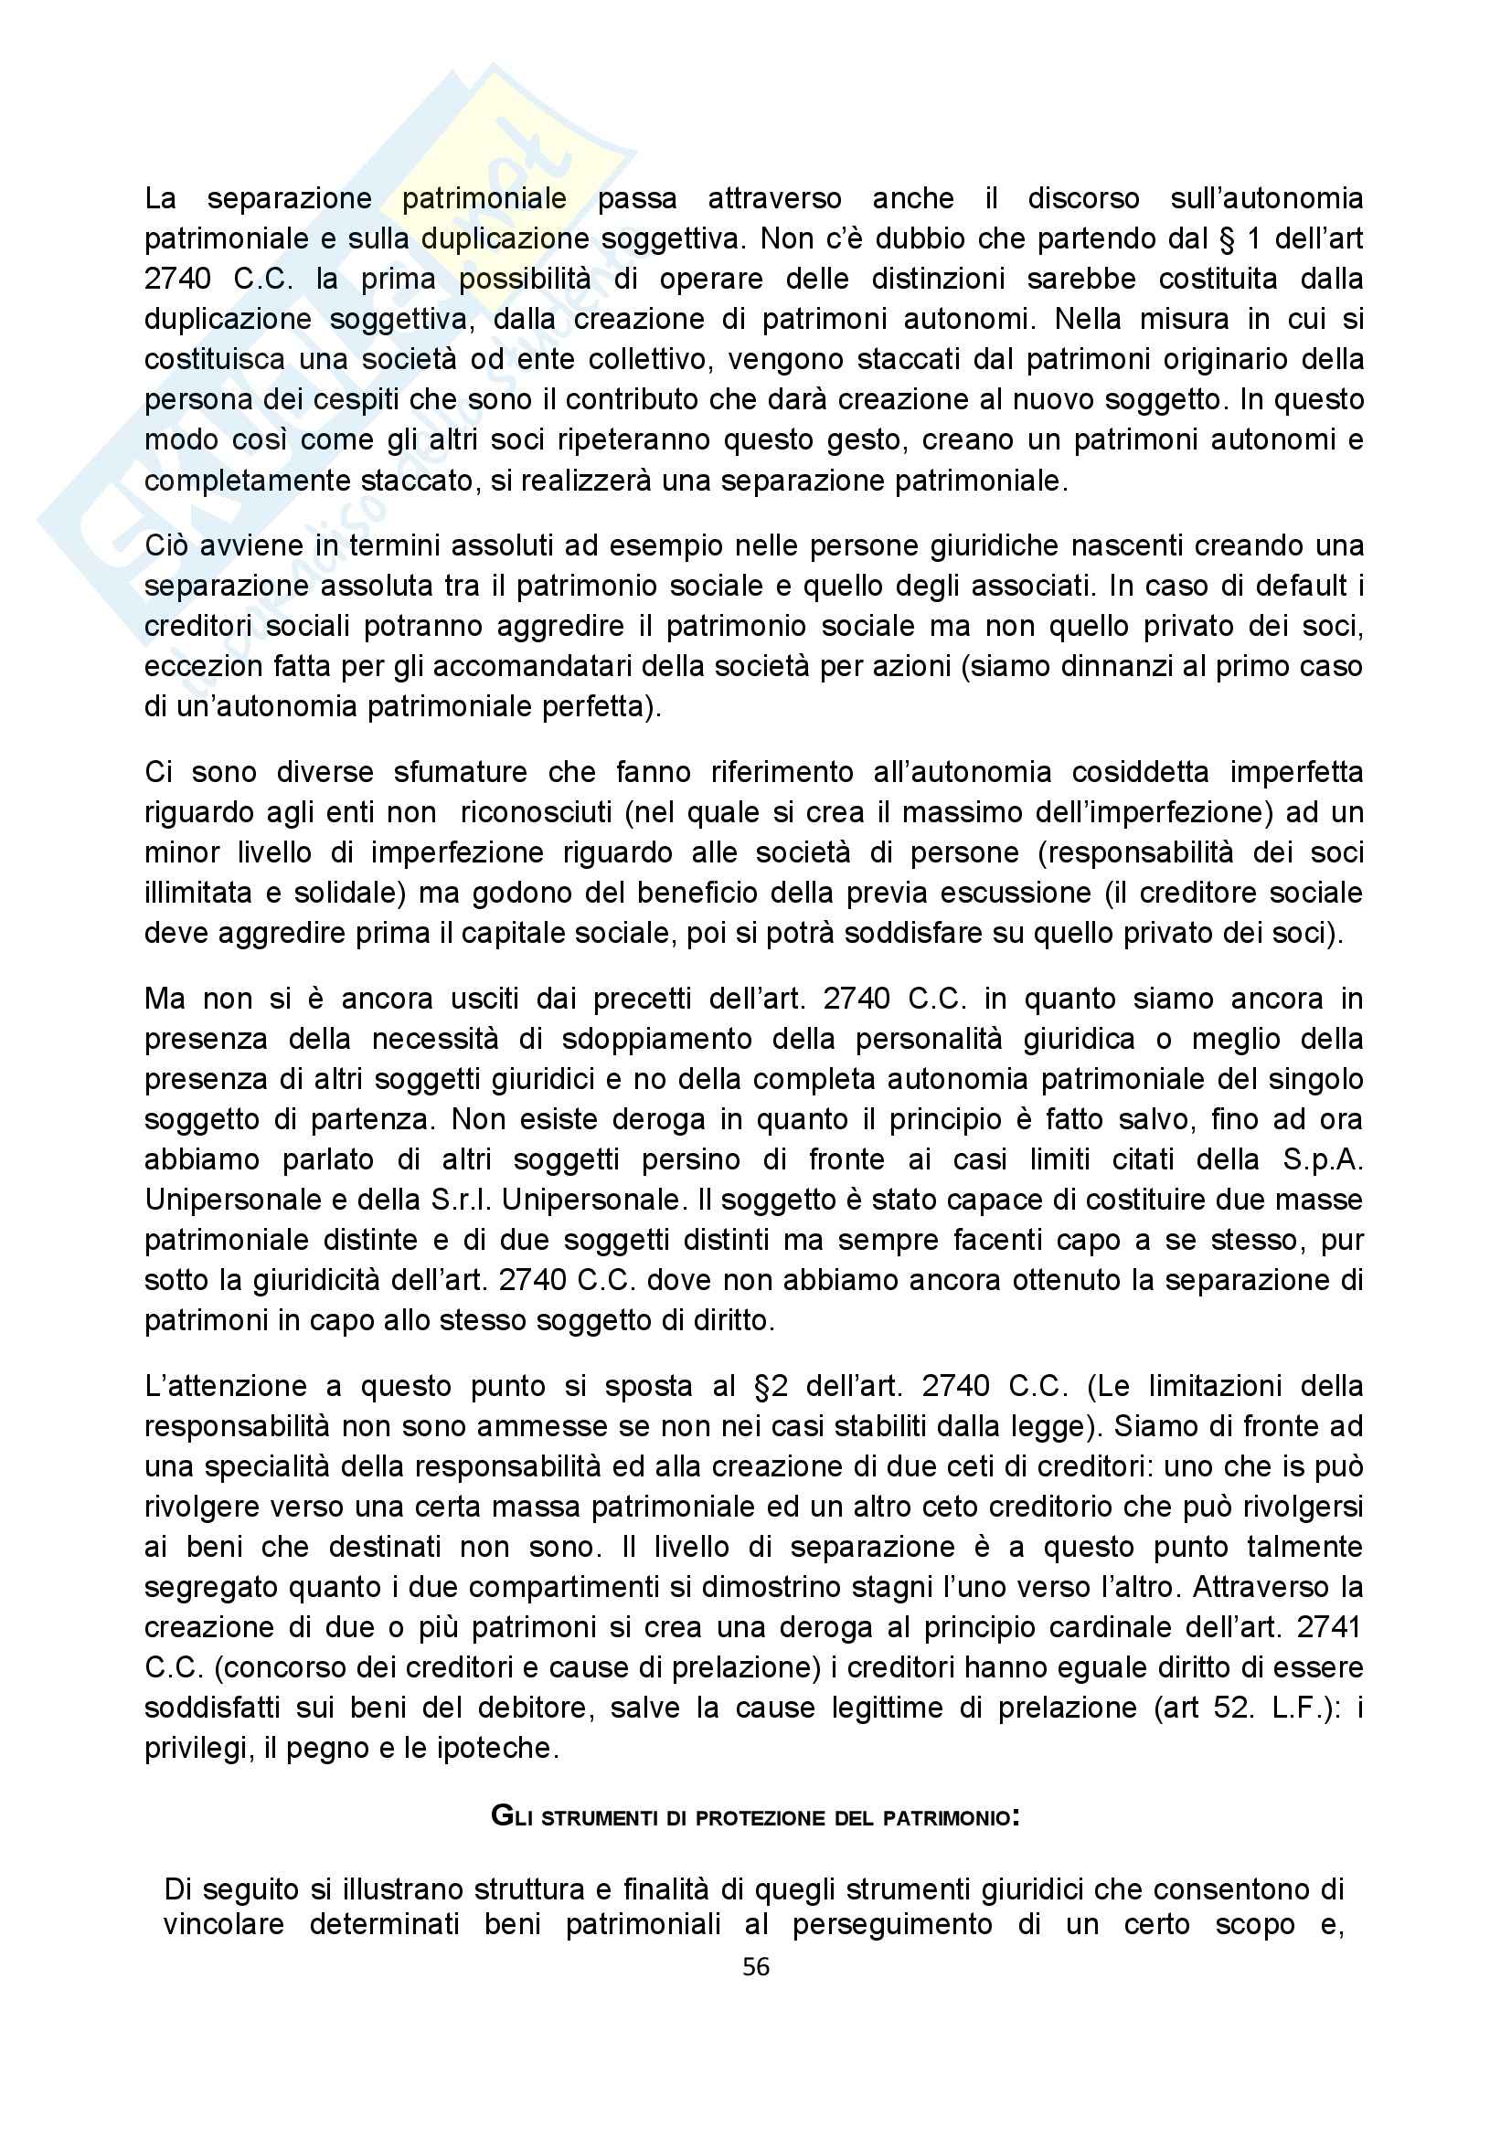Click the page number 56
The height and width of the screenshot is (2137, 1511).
tap(755, 1967)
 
